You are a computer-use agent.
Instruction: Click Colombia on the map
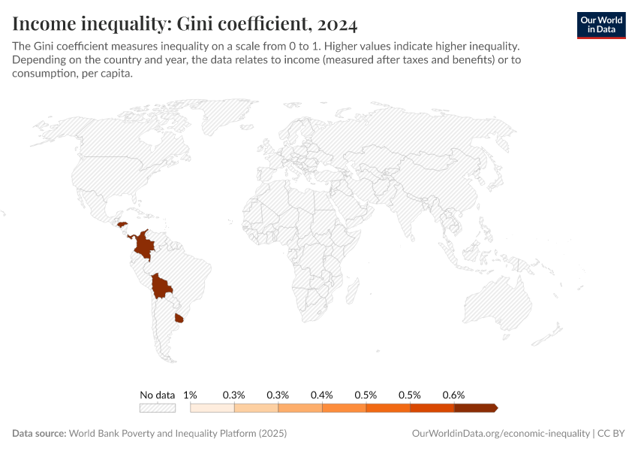143,244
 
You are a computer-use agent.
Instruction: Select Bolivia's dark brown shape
161,286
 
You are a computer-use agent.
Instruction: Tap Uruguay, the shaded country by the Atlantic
179,319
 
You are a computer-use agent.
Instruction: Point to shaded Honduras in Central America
121,223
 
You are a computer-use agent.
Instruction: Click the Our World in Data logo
600,25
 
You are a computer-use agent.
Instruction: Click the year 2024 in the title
336,24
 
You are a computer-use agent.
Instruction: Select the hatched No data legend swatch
158,408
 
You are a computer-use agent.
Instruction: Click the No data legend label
158,395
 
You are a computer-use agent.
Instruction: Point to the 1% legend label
190,395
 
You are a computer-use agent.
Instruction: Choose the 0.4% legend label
322,395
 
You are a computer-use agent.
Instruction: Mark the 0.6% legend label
453,395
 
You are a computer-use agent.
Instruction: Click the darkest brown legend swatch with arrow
475,408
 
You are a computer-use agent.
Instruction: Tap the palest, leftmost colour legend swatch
212,408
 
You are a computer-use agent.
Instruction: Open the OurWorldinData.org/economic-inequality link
501,434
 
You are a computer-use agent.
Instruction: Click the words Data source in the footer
39,434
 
